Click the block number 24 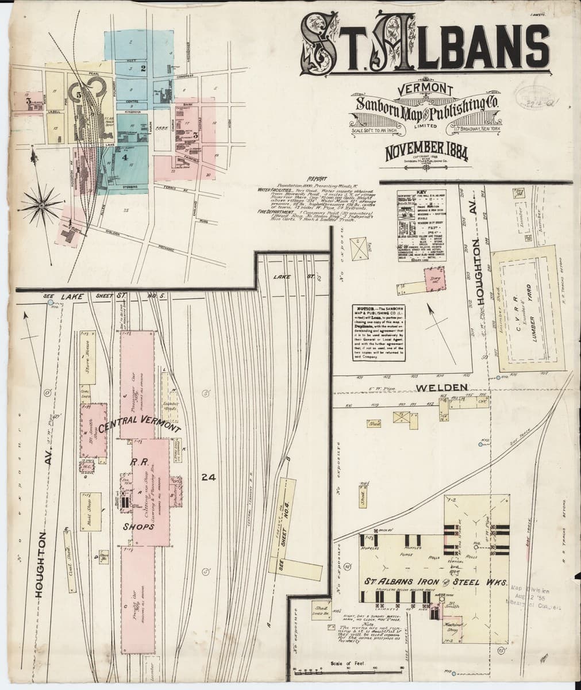(208, 477)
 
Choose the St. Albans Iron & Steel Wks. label (434, 582)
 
